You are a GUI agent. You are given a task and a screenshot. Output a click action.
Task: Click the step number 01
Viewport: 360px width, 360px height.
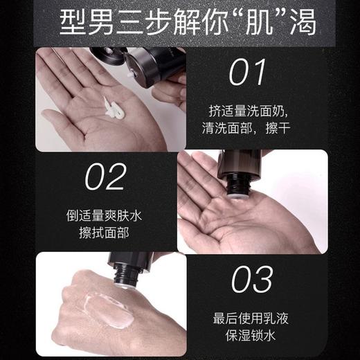click(x=248, y=71)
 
